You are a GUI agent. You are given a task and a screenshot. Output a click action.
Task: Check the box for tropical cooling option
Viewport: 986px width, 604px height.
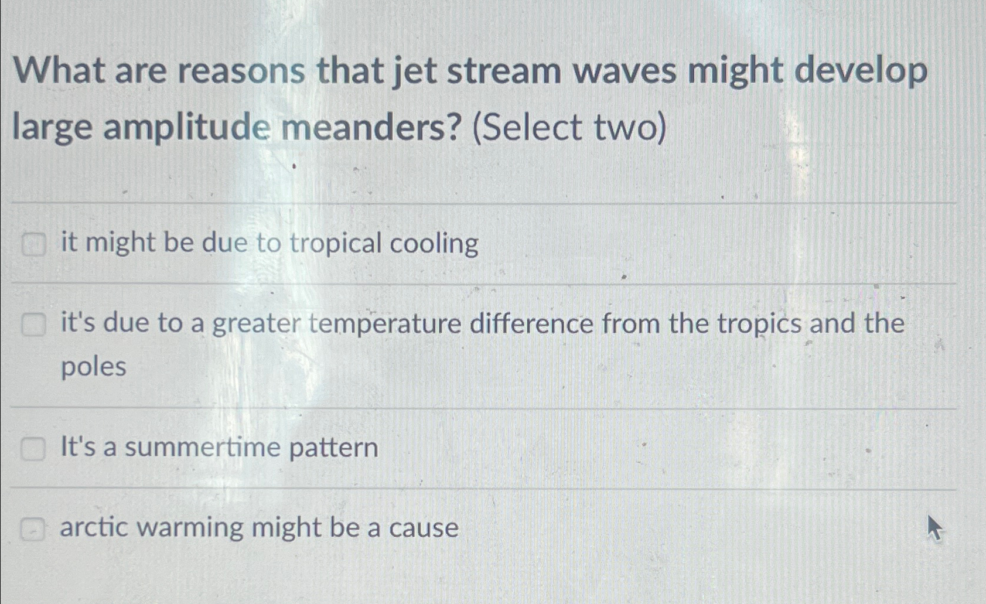pyautogui.click(x=33, y=245)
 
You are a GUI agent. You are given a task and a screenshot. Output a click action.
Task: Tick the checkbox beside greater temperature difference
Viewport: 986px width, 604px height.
pyautogui.click(x=33, y=325)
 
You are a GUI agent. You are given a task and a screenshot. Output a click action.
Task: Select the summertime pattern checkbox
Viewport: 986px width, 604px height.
pyautogui.click(x=33, y=449)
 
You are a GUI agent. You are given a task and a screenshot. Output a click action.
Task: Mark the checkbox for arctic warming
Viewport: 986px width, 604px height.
pyautogui.click(x=32, y=529)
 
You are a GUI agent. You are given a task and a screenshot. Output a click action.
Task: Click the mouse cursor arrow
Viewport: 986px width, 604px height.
pyautogui.click(x=934, y=528)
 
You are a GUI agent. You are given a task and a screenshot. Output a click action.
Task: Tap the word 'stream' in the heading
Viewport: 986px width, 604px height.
pyautogui.click(x=504, y=71)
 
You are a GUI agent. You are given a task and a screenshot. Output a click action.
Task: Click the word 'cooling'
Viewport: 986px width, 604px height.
pyautogui.click(x=434, y=244)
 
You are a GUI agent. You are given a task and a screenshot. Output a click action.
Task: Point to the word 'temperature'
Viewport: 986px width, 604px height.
pyautogui.click(x=385, y=324)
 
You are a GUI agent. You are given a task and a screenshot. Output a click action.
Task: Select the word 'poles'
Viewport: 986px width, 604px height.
pyautogui.click(x=93, y=367)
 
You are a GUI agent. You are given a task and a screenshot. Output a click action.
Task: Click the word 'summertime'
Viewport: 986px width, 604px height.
pyautogui.click(x=203, y=447)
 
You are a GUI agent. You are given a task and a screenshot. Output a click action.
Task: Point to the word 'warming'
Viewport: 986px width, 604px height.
pyautogui.click(x=190, y=528)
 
